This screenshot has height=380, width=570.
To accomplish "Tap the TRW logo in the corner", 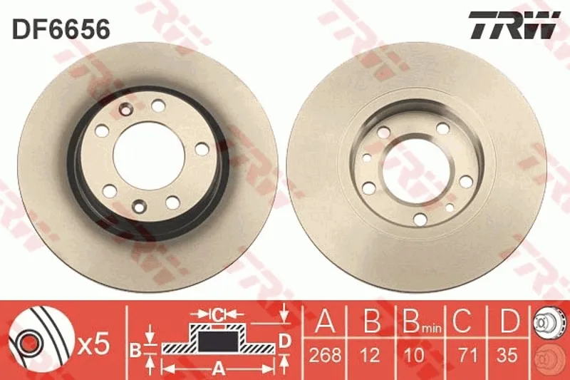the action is pyautogui.click(x=514, y=25).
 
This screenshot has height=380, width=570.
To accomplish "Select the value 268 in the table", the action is pyautogui.click(x=326, y=354).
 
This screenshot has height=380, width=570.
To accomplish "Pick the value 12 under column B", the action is pyautogui.click(x=371, y=354).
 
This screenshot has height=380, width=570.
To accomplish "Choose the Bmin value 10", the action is pyautogui.click(x=414, y=354).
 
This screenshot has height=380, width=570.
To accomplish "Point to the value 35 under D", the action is pyautogui.click(x=507, y=354).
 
